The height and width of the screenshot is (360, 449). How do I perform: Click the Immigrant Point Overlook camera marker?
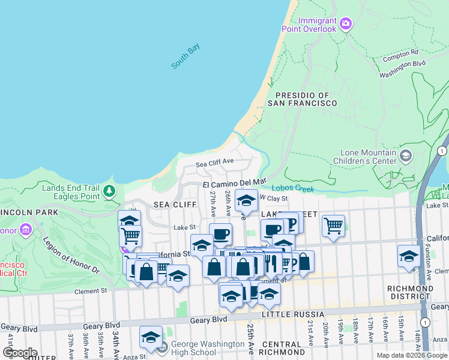click(345, 24)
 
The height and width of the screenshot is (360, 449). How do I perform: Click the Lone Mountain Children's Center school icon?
click(406, 156)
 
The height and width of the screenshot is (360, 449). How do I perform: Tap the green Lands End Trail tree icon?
click(109, 191)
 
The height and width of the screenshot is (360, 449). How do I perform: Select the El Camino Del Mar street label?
click(234, 182)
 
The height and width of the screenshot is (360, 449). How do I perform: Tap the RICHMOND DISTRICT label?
click(410, 292)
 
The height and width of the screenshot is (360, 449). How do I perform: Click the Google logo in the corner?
click(20, 352)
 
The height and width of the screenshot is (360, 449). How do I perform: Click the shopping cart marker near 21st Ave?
click(333, 226)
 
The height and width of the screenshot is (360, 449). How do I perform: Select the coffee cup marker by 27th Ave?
click(220, 233)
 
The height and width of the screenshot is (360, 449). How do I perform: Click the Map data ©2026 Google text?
click(411, 355)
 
